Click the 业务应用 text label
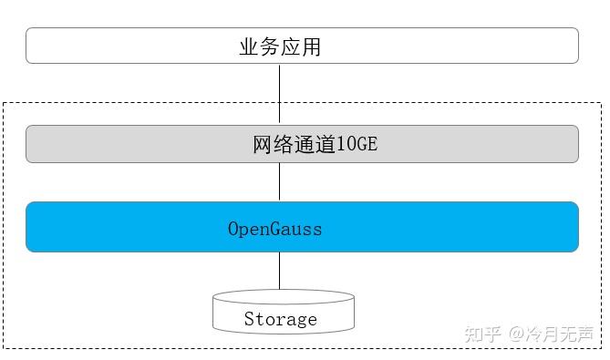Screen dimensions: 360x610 [280, 46]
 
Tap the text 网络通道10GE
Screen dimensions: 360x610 [314, 144]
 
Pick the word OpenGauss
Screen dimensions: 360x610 [274, 228]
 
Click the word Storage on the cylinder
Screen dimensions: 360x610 [280, 319]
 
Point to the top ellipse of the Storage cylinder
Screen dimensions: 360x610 [283, 297]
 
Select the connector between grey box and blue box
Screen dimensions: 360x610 [279, 182]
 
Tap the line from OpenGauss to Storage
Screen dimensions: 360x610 [279, 271]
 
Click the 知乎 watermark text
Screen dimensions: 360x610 [482, 334]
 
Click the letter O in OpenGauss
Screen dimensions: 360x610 [233, 228]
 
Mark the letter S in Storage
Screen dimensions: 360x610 [249, 319]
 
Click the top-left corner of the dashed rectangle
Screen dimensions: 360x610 [4, 103]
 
